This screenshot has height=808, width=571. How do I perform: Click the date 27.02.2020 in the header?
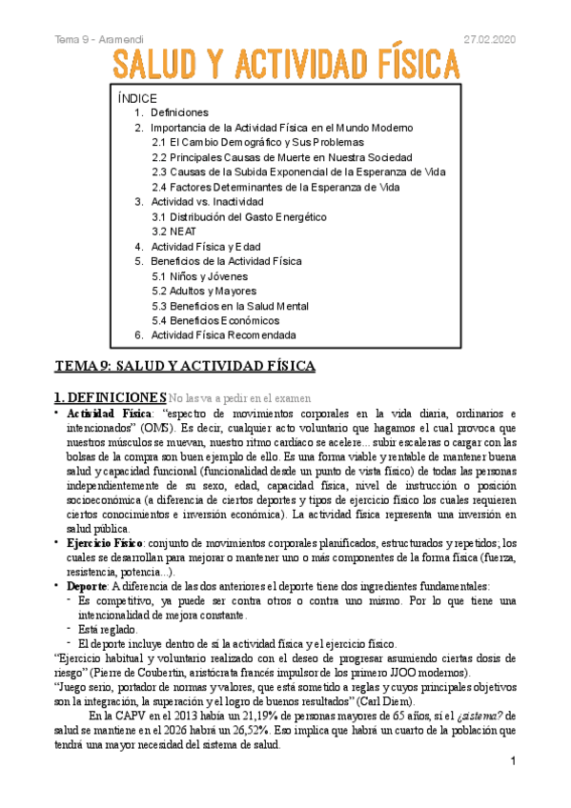click(x=489, y=37)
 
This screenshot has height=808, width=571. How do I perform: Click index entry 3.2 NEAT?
click(x=173, y=232)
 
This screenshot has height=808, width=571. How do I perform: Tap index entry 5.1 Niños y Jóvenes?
click(x=200, y=276)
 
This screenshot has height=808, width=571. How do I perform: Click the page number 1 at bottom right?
click(x=513, y=761)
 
